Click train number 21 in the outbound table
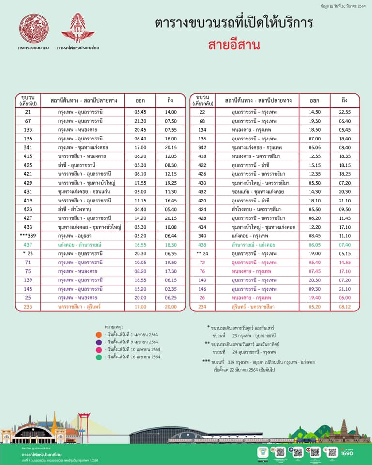(28, 112)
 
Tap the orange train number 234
(202, 307)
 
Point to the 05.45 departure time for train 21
(140, 112)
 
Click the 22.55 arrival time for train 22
(344, 112)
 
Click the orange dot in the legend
(98, 335)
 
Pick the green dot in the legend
(98, 357)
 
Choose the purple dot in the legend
(98, 342)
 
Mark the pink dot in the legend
(98, 349)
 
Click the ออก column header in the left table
(140, 100)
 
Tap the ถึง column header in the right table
(344, 100)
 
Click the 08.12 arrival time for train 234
(344, 307)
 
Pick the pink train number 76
(202, 271)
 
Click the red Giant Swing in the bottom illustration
(85, 421)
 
